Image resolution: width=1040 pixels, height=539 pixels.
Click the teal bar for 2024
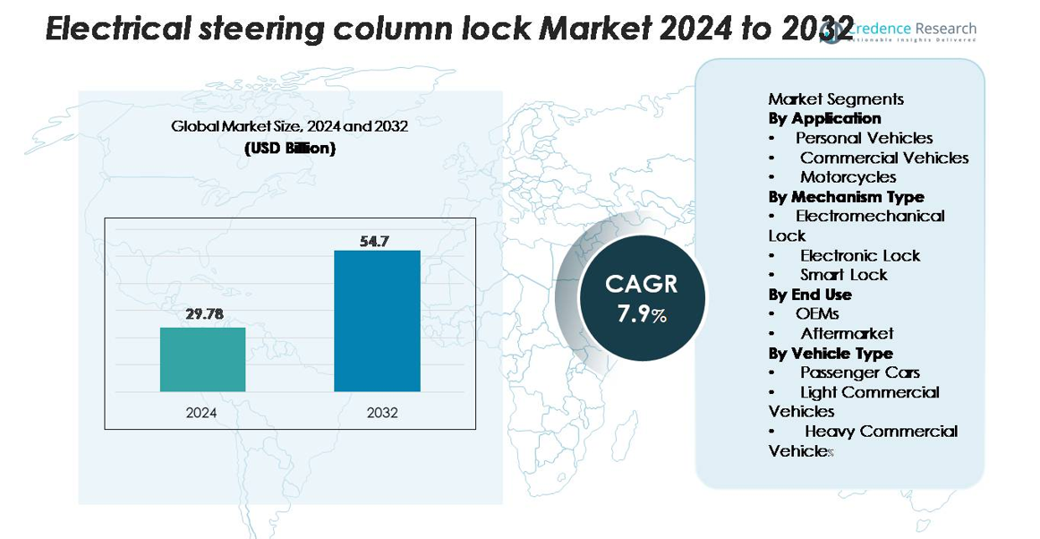click(x=202, y=359)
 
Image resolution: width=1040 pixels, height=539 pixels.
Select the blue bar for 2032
click(x=377, y=321)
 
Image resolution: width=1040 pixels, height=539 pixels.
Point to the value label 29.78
click(x=203, y=314)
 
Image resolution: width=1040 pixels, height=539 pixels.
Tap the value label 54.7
click(x=374, y=241)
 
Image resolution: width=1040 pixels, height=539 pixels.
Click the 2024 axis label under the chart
click(x=201, y=413)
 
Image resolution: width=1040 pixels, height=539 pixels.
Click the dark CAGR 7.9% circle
click(x=642, y=298)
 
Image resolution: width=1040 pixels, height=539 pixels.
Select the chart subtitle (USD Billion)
click(x=289, y=149)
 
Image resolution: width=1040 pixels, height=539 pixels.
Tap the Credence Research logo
click(x=899, y=32)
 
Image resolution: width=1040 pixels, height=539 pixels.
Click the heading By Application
click(x=824, y=118)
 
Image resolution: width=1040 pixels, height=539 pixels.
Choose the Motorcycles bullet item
click(x=848, y=177)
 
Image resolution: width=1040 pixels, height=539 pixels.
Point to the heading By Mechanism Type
click(x=846, y=197)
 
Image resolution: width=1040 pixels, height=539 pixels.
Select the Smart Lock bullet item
click(x=843, y=275)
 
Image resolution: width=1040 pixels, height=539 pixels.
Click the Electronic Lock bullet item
click(x=859, y=255)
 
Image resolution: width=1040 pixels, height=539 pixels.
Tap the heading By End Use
click(x=810, y=295)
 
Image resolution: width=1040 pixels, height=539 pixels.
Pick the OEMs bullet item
click(x=817, y=314)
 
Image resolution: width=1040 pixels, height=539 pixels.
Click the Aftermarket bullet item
click(x=847, y=334)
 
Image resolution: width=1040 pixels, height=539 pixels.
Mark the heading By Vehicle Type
click(x=831, y=353)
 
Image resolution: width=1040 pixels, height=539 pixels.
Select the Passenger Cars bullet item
click(x=859, y=372)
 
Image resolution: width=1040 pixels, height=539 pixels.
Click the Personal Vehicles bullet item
click(x=864, y=138)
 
